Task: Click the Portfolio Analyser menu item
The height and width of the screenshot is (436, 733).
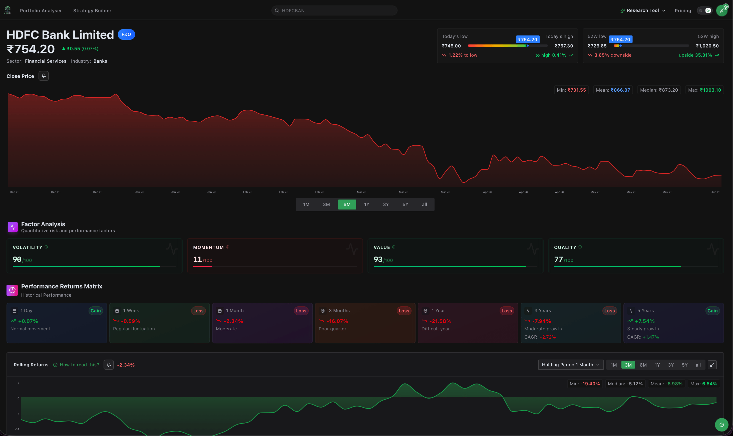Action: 41,10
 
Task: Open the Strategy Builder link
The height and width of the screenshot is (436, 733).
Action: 92,10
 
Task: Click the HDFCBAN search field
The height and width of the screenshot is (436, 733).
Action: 334,10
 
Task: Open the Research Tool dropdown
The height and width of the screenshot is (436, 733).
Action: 643,10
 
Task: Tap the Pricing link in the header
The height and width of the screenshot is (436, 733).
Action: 683,10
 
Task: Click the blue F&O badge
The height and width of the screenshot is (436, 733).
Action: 126,34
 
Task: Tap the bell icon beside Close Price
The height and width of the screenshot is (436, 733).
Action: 44,76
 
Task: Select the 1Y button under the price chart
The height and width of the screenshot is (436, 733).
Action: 366,205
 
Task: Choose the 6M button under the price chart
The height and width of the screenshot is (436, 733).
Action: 347,205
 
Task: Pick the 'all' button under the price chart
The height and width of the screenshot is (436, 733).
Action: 424,205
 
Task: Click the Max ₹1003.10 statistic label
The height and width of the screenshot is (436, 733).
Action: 704,90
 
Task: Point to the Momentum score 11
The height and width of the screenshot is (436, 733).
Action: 197,259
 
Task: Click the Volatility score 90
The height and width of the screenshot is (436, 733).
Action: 17,259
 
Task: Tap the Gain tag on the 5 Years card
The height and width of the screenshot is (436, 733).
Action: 712,311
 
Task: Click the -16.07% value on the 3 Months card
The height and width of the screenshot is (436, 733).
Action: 337,321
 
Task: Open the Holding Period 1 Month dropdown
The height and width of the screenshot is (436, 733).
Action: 571,365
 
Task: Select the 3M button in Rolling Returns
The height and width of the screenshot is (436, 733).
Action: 628,365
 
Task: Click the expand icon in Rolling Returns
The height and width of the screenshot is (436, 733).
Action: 712,365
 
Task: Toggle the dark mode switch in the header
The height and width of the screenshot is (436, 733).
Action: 704,10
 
